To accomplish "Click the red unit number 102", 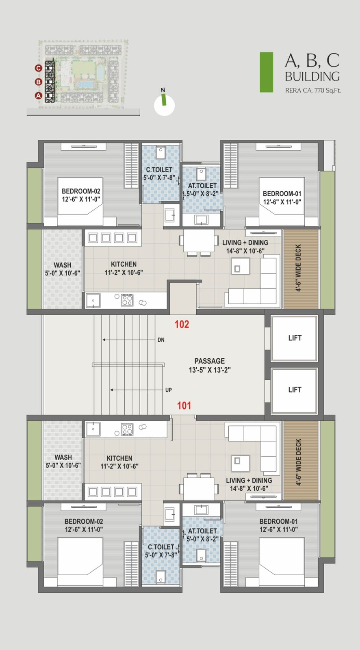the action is (x=182, y=324).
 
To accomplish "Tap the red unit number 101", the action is (x=184, y=405).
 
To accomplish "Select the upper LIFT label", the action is (x=295, y=338).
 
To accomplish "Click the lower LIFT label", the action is (x=295, y=390).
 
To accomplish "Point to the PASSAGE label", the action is (x=210, y=361).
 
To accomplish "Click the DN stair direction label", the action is (x=161, y=340).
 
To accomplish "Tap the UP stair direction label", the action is (x=168, y=390).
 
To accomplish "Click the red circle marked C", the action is (x=38, y=68).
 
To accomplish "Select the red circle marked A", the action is (x=38, y=95).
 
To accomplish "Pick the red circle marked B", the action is (x=38, y=82).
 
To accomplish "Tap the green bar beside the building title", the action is (x=266, y=72).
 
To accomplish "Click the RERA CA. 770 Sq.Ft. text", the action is (x=313, y=91).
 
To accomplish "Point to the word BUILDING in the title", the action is (x=312, y=77).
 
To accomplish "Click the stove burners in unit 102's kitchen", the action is (x=127, y=300).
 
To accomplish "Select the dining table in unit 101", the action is (x=199, y=488).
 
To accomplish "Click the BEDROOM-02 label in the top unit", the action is (x=81, y=191).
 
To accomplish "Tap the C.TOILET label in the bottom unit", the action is (x=161, y=547).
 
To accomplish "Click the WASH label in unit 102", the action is (x=63, y=265).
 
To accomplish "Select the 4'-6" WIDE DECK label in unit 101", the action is (x=298, y=462).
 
